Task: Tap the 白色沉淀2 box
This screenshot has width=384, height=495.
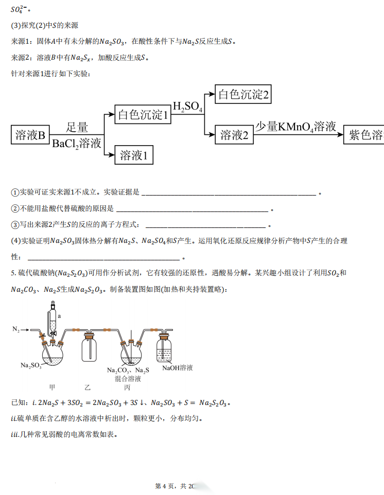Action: [243, 95]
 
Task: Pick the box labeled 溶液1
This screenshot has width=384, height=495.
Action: [134, 155]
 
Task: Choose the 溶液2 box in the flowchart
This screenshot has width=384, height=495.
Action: [234, 135]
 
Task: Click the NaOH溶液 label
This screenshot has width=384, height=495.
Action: [178, 368]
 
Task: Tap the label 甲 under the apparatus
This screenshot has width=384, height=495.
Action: [52, 387]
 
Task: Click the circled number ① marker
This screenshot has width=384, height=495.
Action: [14, 192]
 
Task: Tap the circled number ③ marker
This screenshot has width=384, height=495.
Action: [14, 225]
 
